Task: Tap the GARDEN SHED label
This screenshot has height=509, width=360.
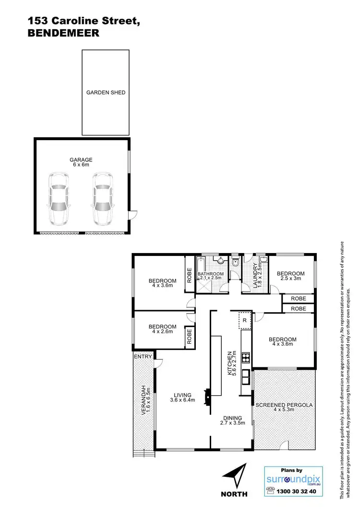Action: point(106,93)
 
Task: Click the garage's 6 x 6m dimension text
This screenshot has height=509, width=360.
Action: point(81,165)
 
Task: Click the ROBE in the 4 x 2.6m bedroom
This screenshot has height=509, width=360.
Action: point(189,336)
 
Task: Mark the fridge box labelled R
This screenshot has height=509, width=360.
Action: point(244,320)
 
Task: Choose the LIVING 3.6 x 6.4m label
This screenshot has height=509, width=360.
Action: point(181,398)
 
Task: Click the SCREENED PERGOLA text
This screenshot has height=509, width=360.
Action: point(284,405)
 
